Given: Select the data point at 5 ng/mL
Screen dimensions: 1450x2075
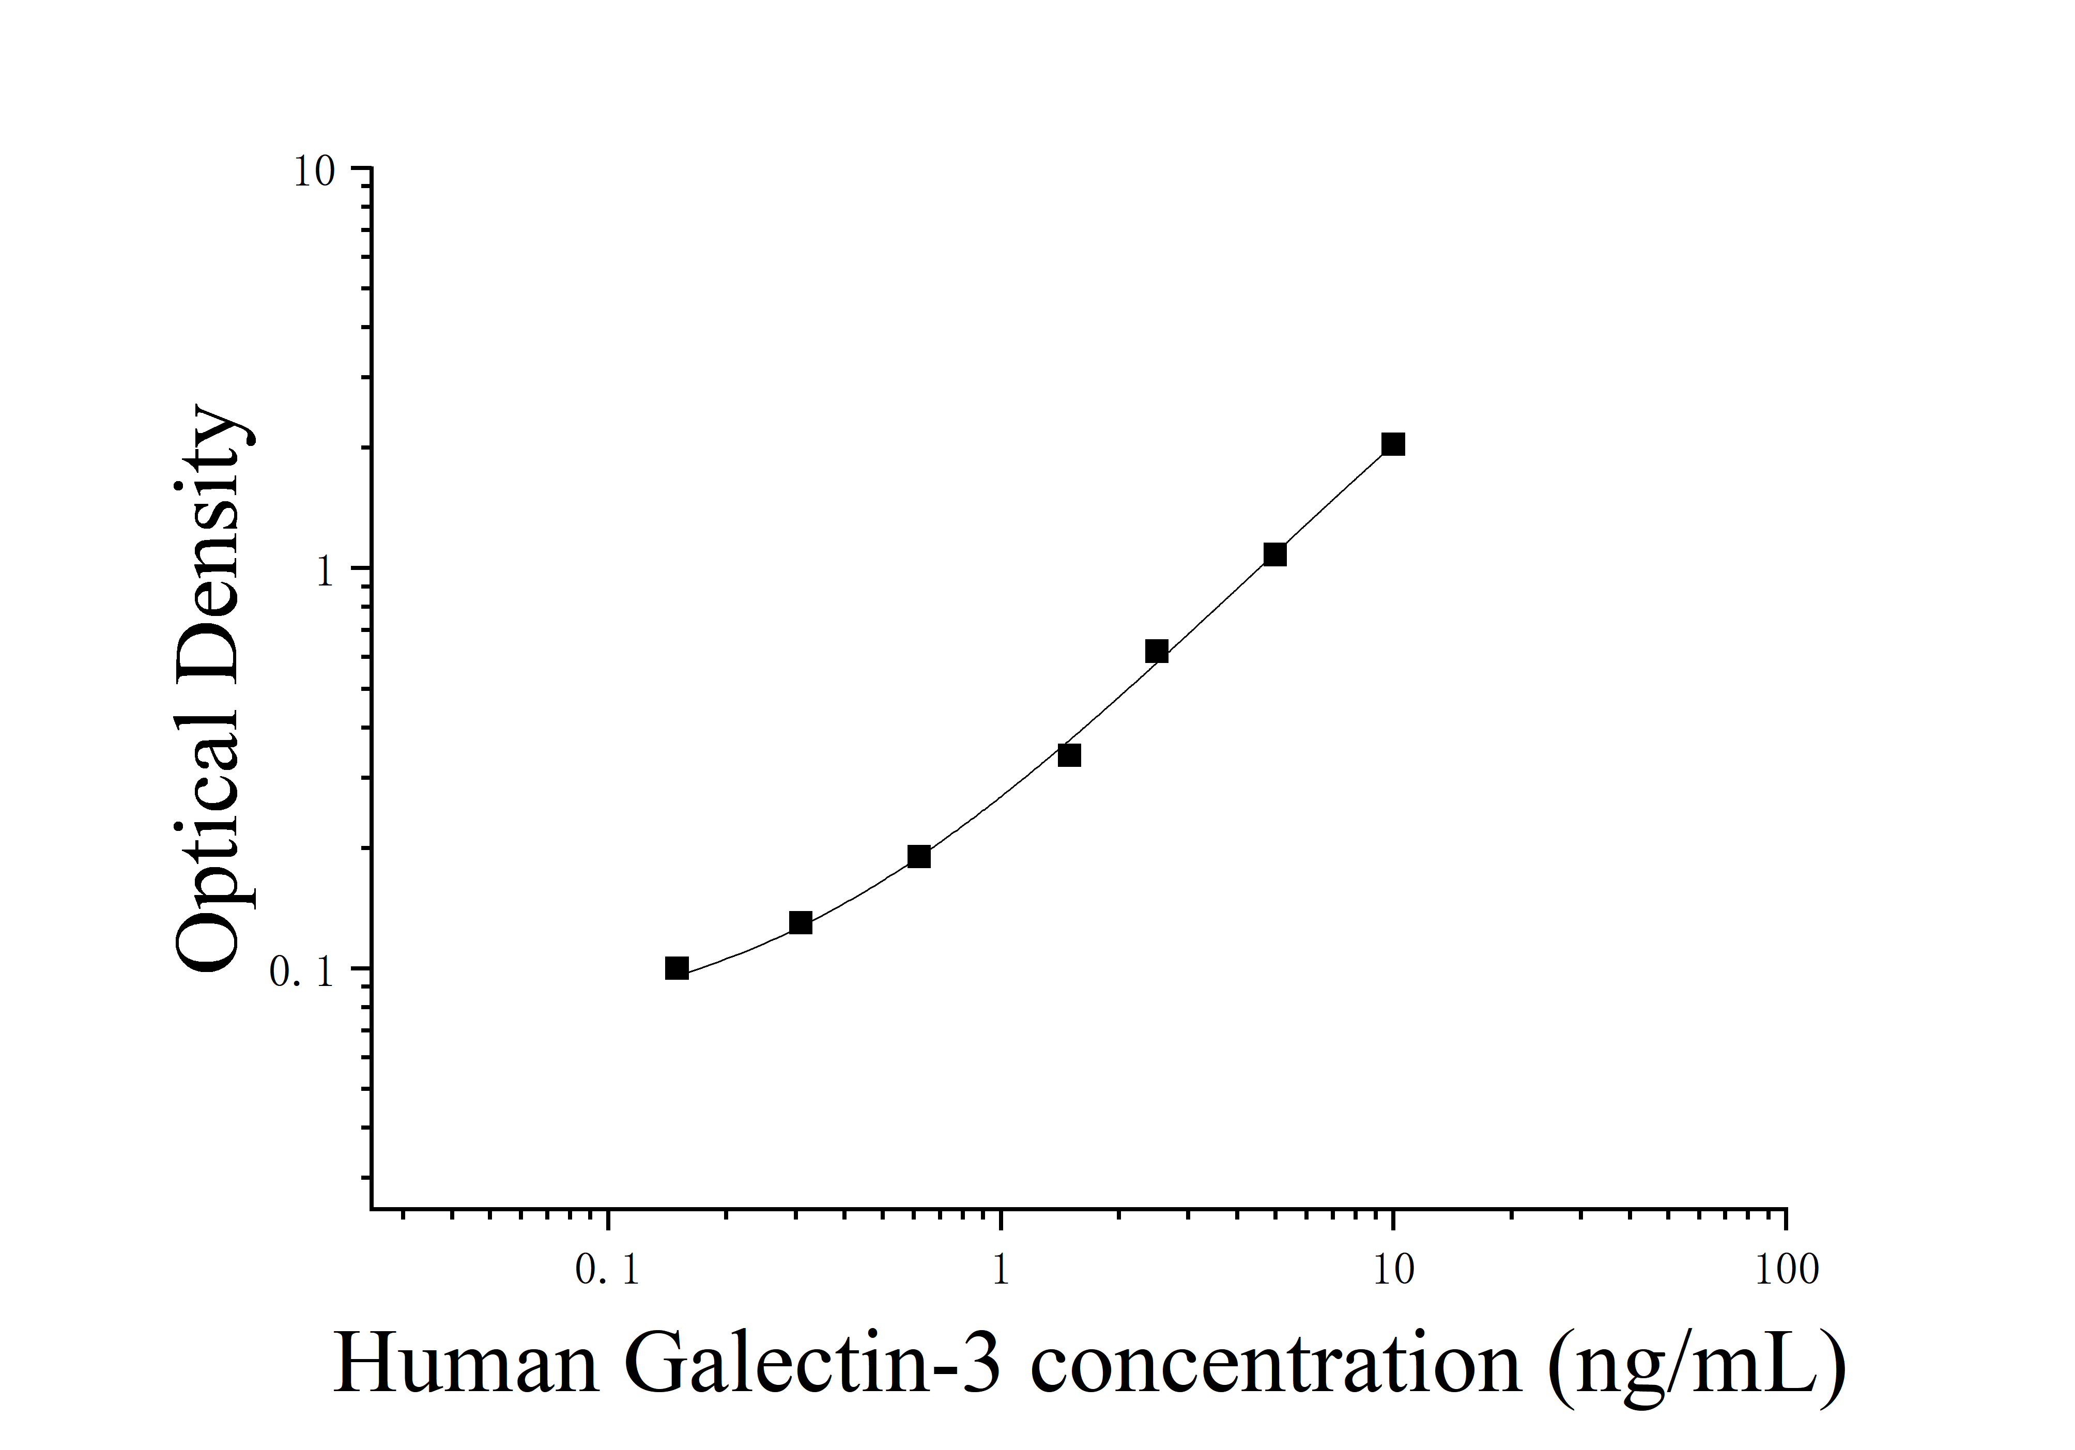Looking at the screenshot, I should (x=1274, y=554).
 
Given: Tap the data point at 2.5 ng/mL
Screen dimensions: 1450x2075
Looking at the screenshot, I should (x=1156, y=652).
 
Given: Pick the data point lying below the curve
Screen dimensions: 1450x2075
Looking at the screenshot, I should (x=1069, y=755).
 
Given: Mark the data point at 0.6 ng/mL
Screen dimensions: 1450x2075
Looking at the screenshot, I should (x=918, y=856).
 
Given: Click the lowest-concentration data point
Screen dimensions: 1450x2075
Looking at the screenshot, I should (x=676, y=968).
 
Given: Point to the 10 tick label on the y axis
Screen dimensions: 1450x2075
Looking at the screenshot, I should (x=314, y=172).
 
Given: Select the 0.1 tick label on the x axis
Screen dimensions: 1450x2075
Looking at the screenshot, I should (x=607, y=1270).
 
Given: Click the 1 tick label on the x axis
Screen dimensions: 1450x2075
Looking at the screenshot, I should (x=1001, y=1270).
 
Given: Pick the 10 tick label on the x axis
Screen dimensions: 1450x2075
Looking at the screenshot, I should (x=1393, y=1270).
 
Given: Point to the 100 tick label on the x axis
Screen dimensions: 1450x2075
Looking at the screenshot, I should (x=1786, y=1270).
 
